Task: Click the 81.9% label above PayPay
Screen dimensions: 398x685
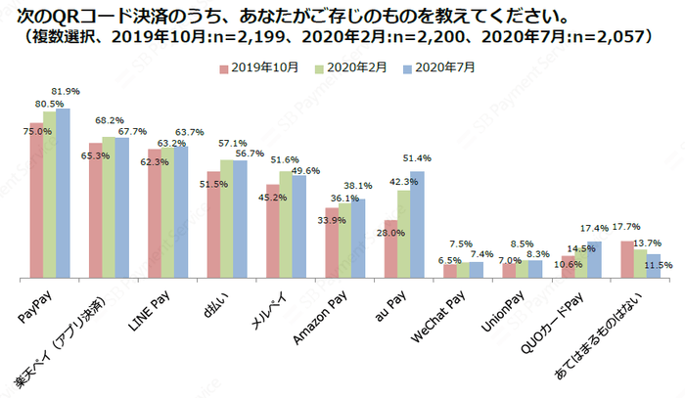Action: point(67,91)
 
